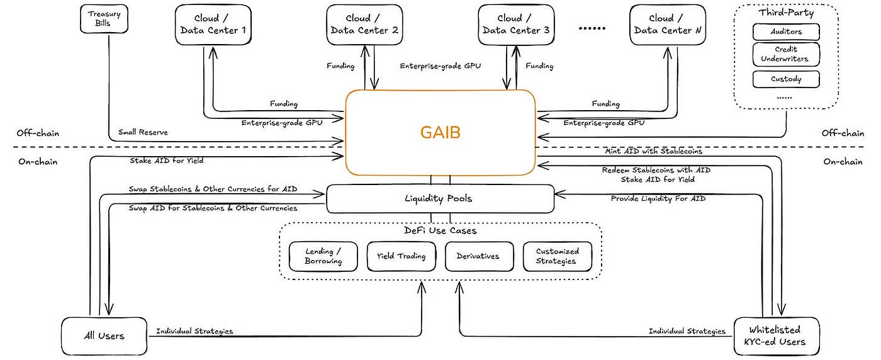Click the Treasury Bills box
(x=104, y=19)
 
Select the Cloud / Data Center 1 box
(x=213, y=25)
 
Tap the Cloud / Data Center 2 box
(x=364, y=25)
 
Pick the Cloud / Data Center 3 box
(x=516, y=25)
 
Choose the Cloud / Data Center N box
(x=668, y=25)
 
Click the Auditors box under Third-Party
(x=786, y=32)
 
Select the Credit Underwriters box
(x=786, y=54)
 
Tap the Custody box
(x=786, y=79)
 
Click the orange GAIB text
(x=440, y=132)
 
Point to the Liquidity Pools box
(x=440, y=199)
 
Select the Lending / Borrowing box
(x=323, y=257)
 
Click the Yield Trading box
(x=401, y=257)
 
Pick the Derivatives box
(x=479, y=257)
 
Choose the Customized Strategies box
(x=558, y=257)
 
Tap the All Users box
(x=104, y=336)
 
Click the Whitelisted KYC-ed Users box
(x=777, y=336)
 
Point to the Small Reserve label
(x=143, y=132)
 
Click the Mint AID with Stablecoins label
(x=653, y=151)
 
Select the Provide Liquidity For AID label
(x=658, y=199)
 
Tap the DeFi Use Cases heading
(x=440, y=230)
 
